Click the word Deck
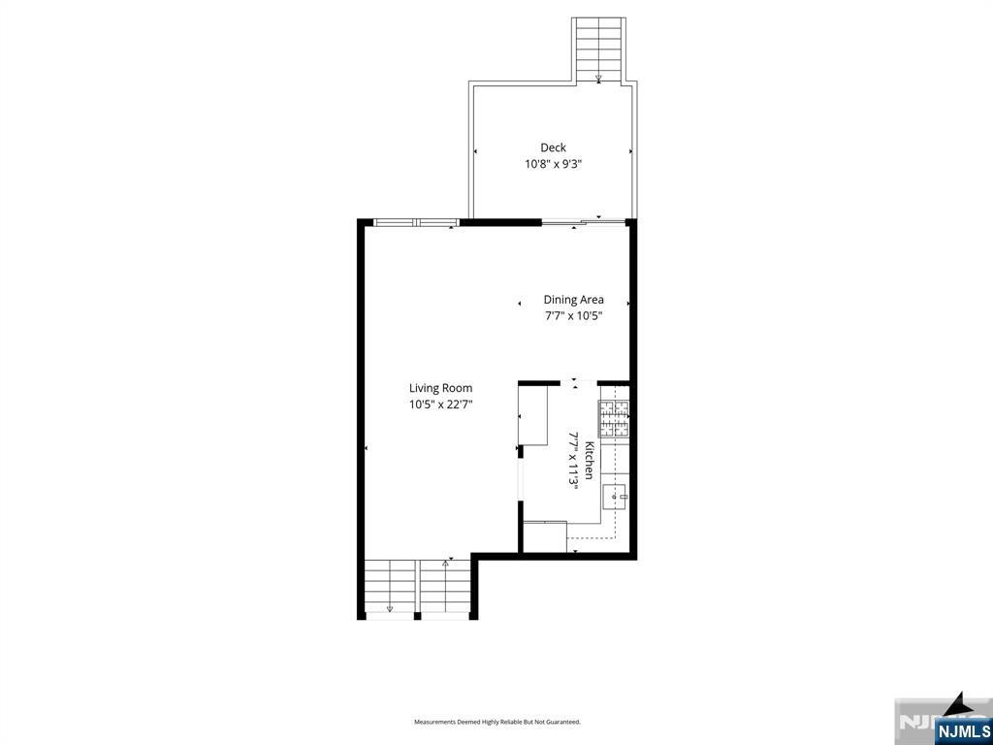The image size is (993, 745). click(553, 147)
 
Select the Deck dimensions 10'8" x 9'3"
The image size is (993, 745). click(553, 164)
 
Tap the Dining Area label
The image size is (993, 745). click(573, 300)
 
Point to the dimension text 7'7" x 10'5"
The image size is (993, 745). click(572, 315)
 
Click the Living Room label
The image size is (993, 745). click(440, 388)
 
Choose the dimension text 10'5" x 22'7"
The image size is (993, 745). click(440, 405)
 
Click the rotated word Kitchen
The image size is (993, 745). click(589, 460)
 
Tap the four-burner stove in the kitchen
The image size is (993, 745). click(614, 419)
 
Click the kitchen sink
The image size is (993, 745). click(615, 496)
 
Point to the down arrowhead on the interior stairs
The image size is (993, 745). click(390, 609)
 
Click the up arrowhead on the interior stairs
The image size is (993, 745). click(445, 562)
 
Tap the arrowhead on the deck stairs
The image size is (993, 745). click(598, 79)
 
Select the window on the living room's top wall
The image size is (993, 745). click(416, 222)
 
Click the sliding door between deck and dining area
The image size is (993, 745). click(583, 222)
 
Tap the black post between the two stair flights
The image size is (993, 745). click(417, 615)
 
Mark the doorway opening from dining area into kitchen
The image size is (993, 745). click(578, 382)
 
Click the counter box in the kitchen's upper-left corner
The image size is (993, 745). click(533, 415)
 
